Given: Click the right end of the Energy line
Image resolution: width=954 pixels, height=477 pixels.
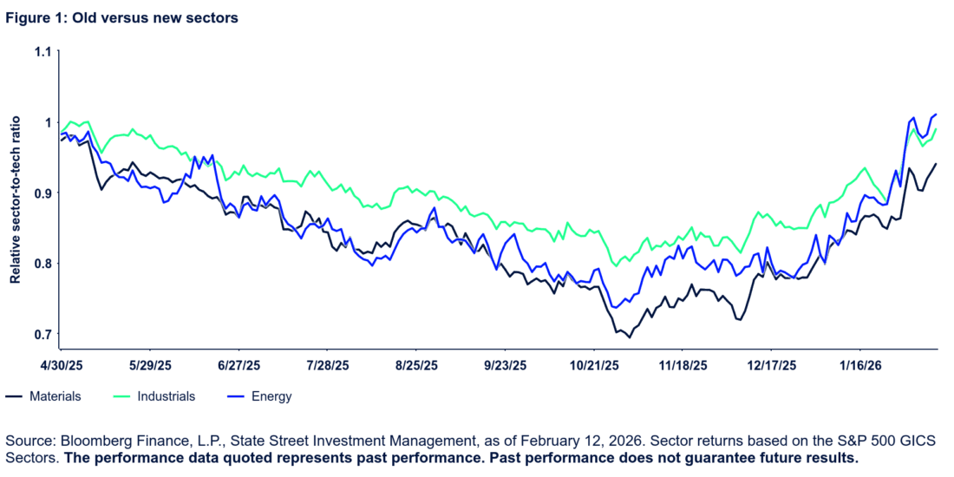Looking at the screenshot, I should click(937, 114).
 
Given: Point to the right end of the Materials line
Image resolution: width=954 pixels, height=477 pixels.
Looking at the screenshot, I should click(937, 162).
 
